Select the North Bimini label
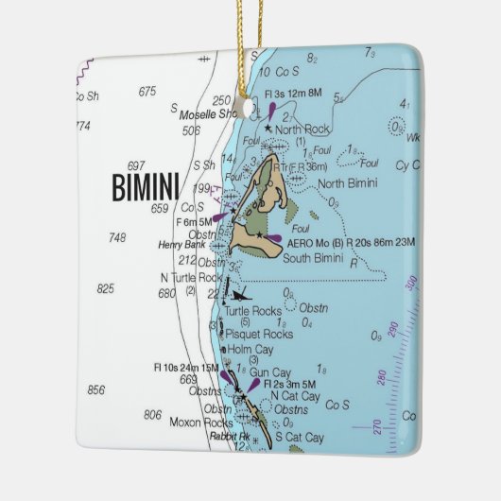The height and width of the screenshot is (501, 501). tap(347, 183)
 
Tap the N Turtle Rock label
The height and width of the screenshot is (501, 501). tap(190, 278)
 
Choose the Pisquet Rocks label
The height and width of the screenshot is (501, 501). tap(257, 334)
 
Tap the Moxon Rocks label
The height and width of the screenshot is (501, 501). tap(200, 422)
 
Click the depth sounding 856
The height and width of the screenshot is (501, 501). tap(96, 389)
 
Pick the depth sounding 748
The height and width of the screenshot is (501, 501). tap(117, 238)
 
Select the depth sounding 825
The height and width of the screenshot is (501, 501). tap(105, 288)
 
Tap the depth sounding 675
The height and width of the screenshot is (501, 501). tap(147, 92)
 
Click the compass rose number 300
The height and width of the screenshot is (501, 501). tap(410, 284)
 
